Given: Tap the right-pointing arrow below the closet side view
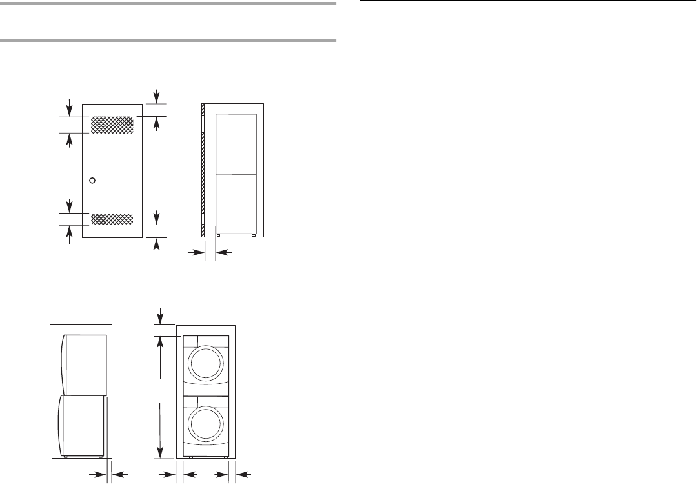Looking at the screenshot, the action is coord(194,254).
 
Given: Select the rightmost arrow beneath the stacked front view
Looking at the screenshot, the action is coord(244,475).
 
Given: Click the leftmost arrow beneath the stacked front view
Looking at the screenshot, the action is coord(168,475).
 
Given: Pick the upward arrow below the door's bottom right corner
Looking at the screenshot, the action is coord(157,245).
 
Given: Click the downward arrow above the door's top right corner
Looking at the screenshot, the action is coord(157,95).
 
